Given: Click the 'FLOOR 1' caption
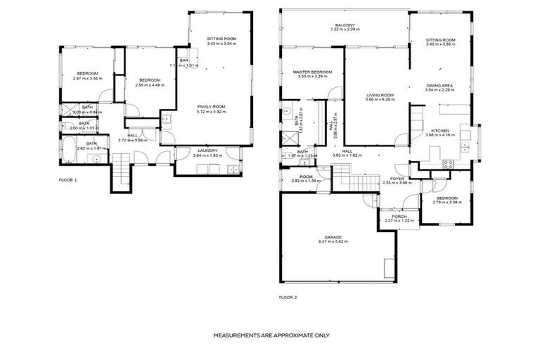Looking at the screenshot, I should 68,180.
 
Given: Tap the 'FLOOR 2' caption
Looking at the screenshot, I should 288,297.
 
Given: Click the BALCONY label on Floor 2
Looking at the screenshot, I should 345,25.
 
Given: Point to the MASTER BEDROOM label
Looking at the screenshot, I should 312,72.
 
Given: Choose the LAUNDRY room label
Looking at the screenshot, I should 207,150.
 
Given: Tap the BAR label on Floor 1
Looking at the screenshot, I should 184,60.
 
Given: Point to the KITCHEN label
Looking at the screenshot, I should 440,131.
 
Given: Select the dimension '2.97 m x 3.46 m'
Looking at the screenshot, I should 87,78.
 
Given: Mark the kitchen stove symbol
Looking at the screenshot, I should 446,164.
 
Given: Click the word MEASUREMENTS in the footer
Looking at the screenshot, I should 238,335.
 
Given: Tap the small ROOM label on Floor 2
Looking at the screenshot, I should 305,176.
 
